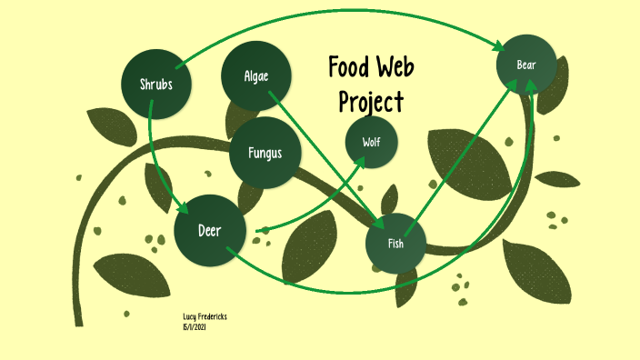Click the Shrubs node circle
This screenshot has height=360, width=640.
tap(155, 85)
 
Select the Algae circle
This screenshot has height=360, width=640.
tap(256, 75)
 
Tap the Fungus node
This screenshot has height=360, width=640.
tap(265, 152)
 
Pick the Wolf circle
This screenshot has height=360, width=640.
tap(372, 142)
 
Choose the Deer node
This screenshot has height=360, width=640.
tap(210, 230)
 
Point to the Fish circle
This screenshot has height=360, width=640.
tap(395, 243)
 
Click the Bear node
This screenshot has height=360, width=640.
tap(526, 65)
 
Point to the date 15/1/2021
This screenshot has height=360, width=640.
tap(195, 325)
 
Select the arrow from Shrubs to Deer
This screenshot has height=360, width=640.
tap(159, 155)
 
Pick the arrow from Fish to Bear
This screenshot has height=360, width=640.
tap(464, 151)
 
